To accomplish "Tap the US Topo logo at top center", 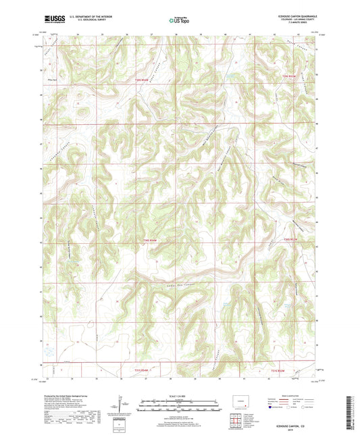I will [178, 20].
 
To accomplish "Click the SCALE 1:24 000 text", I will [180, 396].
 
